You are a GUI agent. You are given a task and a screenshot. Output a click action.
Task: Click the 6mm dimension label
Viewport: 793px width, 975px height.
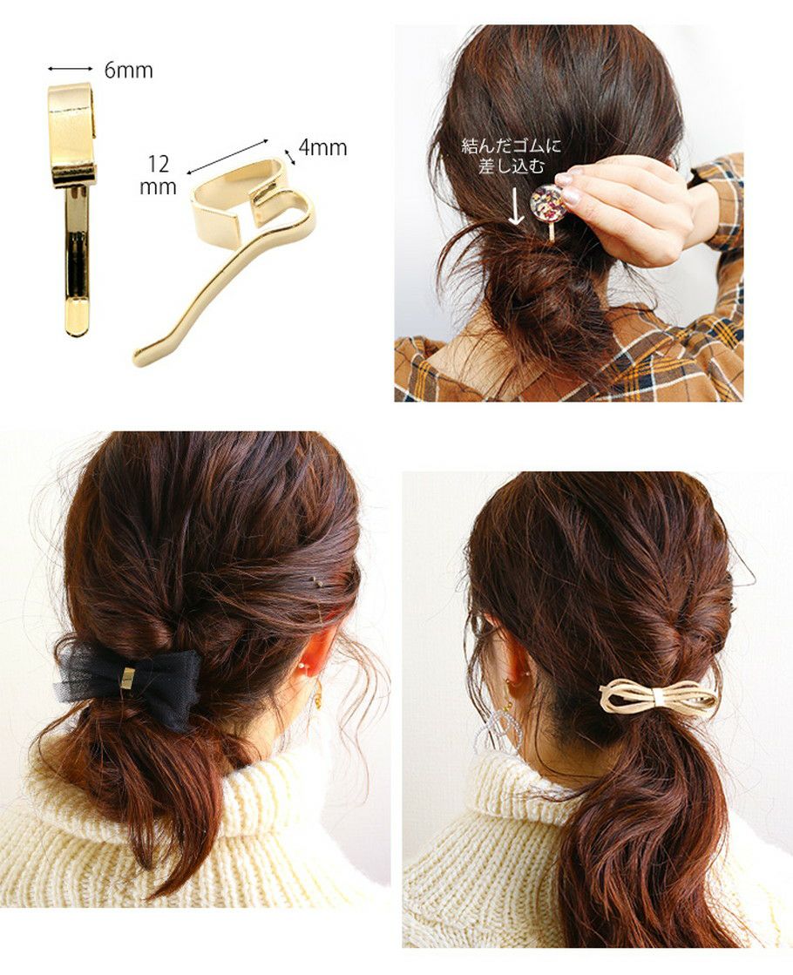(x=128, y=71)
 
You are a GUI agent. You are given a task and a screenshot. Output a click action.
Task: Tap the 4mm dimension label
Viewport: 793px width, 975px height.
(x=322, y=148)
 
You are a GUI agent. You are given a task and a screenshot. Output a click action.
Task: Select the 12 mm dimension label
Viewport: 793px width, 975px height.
(x=158, y=175)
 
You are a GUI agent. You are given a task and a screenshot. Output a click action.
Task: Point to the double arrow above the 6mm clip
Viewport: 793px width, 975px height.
(x=71, y=69)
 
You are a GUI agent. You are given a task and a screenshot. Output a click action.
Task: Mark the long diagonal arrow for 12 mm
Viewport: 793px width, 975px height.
(x=227, y=156)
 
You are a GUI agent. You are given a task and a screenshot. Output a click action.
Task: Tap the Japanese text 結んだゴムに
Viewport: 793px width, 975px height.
(x=511, y=146)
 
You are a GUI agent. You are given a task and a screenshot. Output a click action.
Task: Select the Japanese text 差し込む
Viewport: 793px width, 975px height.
(x=512, y=166)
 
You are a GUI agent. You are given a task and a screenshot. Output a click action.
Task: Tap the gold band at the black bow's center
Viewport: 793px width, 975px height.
(x=129, y=678)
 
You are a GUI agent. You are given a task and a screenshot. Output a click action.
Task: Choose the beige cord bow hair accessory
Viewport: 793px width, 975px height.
(x=658, y=695)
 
